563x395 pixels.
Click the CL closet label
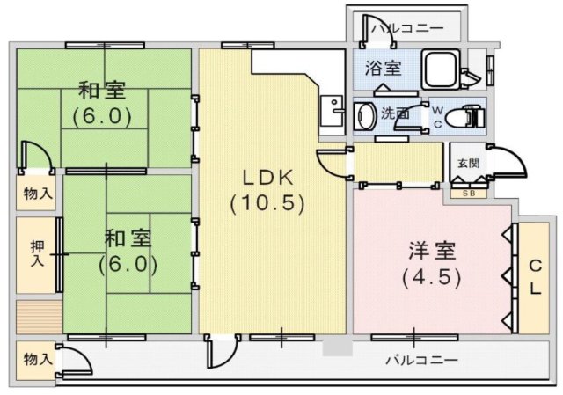click(x=534, y=276)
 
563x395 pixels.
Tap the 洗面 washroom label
click(x=394, y=113)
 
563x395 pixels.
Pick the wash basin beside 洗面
click(x=363, y=113)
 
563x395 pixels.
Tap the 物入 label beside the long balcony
click(x=37, y=359)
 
